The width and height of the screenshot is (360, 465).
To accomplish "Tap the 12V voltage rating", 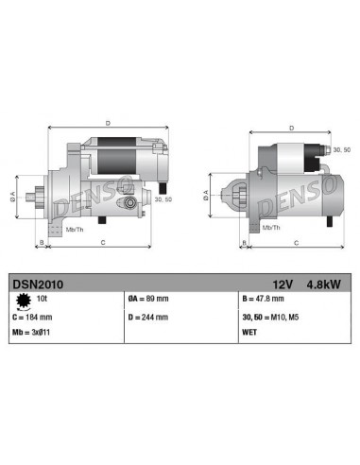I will click(283, 282).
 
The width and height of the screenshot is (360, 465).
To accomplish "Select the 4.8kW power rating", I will click(324, 282).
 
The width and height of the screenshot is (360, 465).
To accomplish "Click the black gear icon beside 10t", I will click(22, 300).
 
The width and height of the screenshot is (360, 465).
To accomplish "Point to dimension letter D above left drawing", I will click(107, 122).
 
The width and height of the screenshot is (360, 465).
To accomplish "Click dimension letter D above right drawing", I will click(289, 128).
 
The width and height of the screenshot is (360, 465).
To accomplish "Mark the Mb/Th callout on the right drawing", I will click(271, 227).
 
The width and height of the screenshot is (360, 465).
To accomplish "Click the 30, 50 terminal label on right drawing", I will click(340, 148).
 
